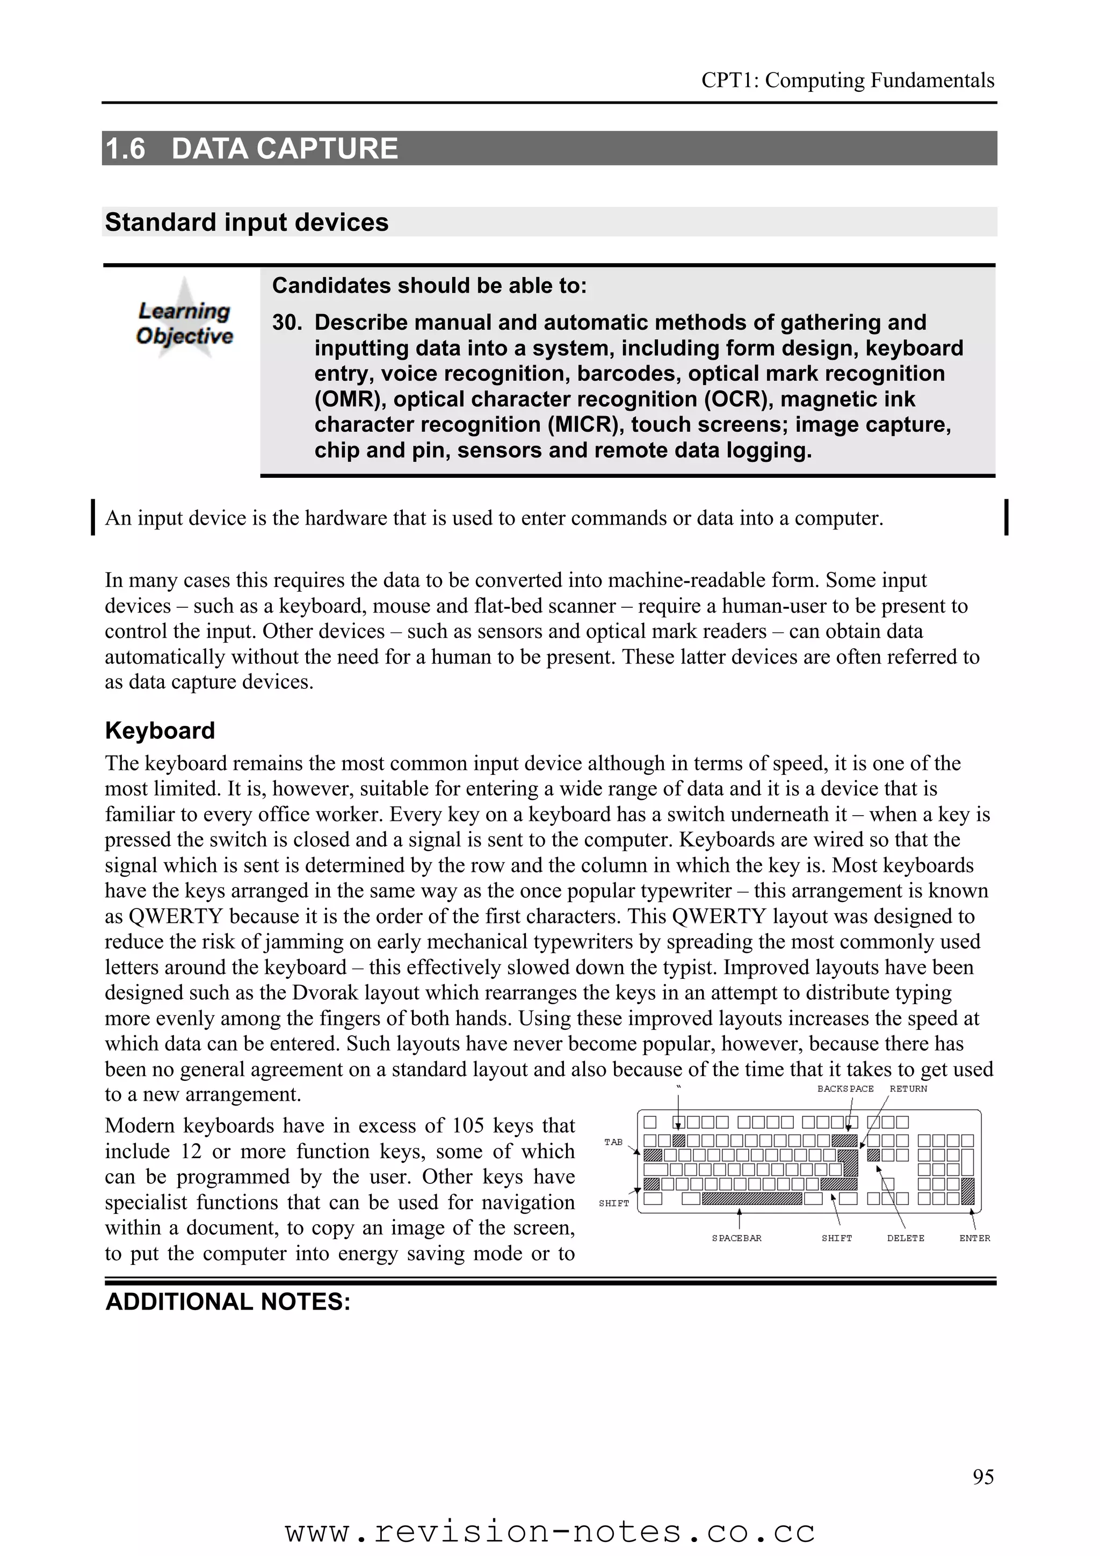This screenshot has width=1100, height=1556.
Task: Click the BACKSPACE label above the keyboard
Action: point(845,1089)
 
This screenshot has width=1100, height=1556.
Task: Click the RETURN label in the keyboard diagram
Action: point(908,1089)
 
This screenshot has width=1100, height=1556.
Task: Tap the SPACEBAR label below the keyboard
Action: point(737,1238)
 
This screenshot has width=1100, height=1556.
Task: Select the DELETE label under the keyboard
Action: point(906,1238)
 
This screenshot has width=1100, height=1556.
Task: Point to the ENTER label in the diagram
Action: point(975,1238)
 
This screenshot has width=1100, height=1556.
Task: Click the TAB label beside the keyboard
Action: point(613,1143)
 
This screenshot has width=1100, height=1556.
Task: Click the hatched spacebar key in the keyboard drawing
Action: point(752,1199)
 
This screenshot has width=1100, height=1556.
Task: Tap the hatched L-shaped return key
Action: point(848,1161)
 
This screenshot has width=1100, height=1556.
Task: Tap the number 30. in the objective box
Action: point(287,323)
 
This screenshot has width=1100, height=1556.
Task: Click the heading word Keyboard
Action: point(160,731)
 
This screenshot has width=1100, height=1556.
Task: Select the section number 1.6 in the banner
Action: point(126,148)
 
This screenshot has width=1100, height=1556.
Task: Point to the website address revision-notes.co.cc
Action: point(549,1532)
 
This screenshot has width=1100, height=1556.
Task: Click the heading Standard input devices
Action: point(247,222)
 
